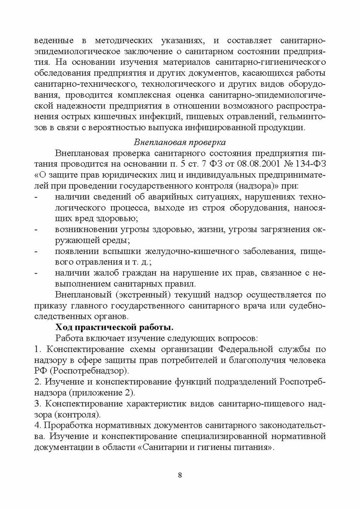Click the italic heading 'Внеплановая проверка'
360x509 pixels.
[180, 142]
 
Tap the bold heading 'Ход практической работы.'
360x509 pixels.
[115, 327]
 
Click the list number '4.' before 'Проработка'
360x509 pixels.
[38, 425]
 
